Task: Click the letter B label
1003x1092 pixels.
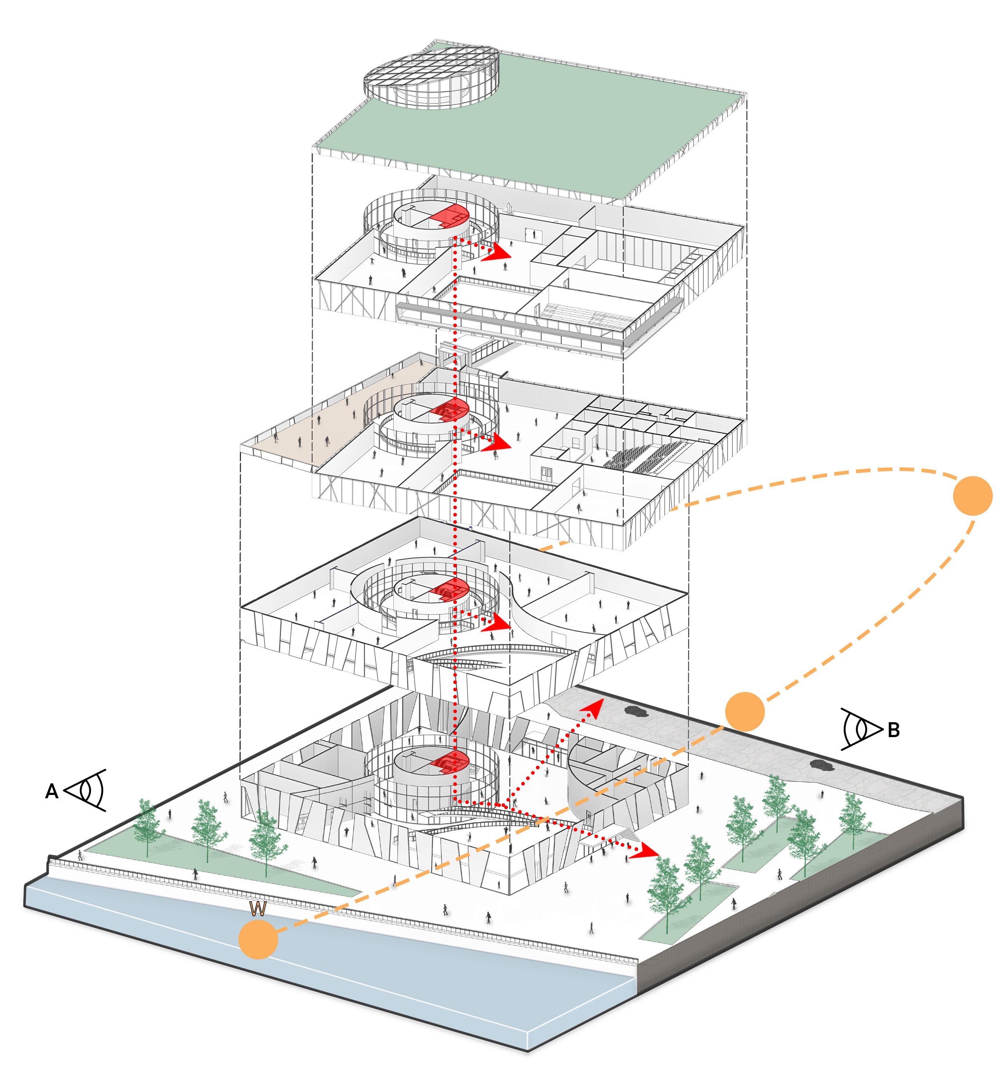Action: pos(893,731)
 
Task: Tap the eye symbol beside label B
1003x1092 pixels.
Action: pos(862,729)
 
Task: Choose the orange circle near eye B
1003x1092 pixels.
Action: pos(745,712)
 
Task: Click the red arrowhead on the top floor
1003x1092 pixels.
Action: pos(496,253)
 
